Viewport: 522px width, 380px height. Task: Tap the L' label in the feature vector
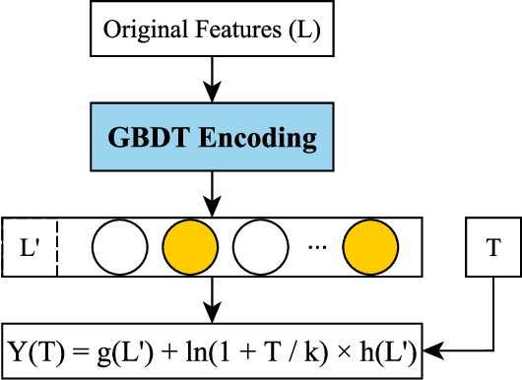coord(29,243)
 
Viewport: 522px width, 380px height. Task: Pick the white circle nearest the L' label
coord(120,243)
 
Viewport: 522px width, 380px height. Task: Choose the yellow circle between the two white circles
coord(189,243)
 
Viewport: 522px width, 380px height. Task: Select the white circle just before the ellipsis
coord(259,243)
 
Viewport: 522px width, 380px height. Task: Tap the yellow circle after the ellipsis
coord(370,243)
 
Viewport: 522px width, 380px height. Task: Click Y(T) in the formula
coord(36,349)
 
